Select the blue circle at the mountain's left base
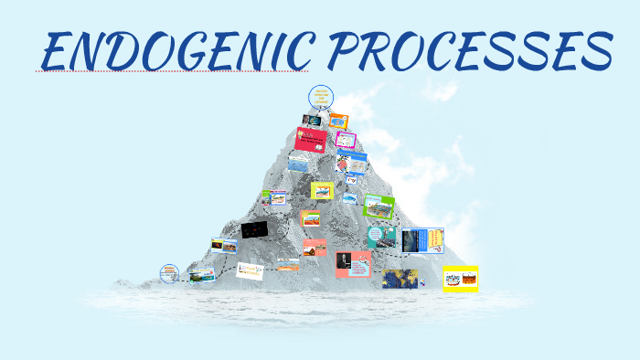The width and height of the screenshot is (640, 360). pos(168,273)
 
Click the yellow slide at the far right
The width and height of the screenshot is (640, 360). pos(460,277)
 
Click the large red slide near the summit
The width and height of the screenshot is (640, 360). pos(311,140)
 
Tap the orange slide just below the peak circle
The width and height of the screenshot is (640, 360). pos(338,121)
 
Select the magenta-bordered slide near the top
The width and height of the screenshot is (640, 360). pos(346,140)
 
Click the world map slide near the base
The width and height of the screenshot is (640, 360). pos(400,279)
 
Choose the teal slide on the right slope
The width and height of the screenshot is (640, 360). pos(379,237)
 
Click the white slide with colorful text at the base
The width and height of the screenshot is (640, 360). pos(250,270)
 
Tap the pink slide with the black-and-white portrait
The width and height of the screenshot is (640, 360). pos(353,264)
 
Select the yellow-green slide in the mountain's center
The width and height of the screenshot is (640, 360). pos(321,190)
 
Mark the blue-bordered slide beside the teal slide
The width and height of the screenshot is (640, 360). pos(422,240)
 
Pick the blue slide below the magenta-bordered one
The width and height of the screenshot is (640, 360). pos(352,156)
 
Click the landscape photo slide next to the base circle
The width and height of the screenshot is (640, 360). pos(202,273)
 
